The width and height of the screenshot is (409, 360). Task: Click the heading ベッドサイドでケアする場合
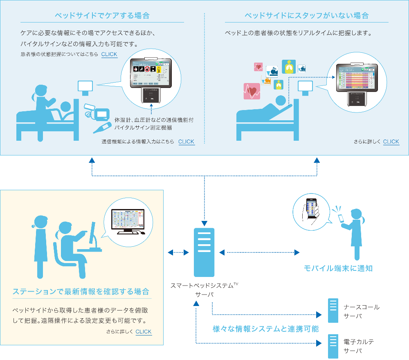(x=102, y=16)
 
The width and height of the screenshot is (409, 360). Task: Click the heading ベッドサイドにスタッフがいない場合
(x=306, y=16)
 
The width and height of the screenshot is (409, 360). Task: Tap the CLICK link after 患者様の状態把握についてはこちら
(x=109, y=54)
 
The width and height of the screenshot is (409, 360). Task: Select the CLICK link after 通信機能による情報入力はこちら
(x=186, y=142)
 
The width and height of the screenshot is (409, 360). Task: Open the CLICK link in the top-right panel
(x=391, y=142)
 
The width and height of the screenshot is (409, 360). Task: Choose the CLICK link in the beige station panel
(x=144, y=332)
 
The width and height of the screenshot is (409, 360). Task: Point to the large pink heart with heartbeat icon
(x=252, y=91)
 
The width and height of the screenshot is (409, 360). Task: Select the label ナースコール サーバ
(x=361, y=311)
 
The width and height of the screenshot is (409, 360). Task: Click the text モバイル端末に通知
(x=338, y=269)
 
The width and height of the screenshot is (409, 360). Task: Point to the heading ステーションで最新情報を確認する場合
(x=81, y=292)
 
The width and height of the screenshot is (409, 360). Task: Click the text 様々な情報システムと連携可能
(x=265, y=329)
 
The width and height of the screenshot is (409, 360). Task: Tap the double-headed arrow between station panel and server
(x=176, y=252)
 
